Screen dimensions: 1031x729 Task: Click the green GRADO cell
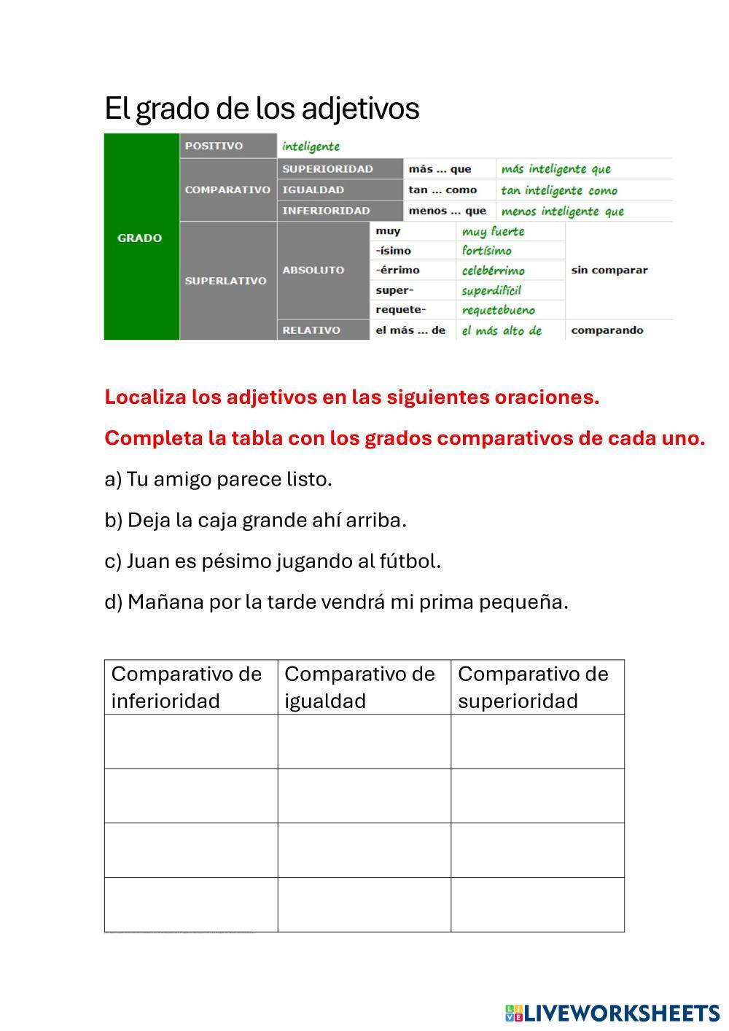pos(141,238)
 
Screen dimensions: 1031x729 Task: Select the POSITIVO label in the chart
pos(214,146)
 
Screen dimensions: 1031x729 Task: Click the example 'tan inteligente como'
pos(558,190)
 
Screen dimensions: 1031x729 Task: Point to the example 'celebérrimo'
pos(493,271)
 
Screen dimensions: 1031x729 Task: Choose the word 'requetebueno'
pos(498,311)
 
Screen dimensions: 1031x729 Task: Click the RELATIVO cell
pos(311,330)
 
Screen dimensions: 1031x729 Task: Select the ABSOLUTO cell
pos(313,270)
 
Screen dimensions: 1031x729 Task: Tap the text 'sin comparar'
pos(609,270)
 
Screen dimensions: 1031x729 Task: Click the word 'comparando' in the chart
pos(607,330)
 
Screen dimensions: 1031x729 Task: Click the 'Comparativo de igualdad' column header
pos(359,687)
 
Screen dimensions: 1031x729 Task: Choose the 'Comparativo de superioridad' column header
pos(533,687)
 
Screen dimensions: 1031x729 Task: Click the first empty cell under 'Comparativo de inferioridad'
pos(191,742)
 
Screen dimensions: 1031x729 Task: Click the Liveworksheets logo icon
pos(514,1013)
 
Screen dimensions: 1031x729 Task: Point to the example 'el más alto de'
pos(502,331)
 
